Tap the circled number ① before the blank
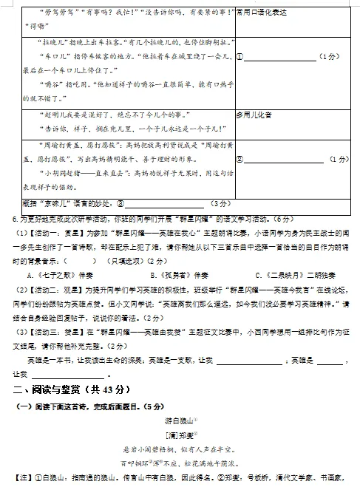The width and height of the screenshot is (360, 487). click(240, 56)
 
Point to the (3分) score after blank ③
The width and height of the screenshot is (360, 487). click(220, 202)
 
